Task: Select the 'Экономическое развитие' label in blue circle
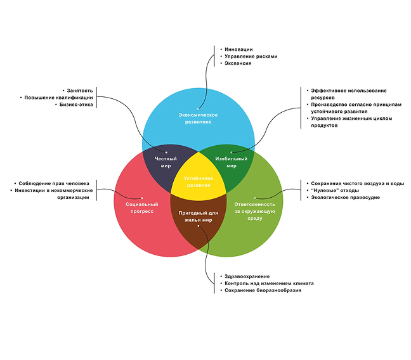tap(198, 118)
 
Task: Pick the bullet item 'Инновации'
tap(238, 49)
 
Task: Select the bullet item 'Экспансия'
tap(238, 63)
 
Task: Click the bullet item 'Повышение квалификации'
tap(60, 98)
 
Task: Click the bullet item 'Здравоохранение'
tap(247, 276)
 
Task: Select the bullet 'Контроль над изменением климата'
tap(269, 283)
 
